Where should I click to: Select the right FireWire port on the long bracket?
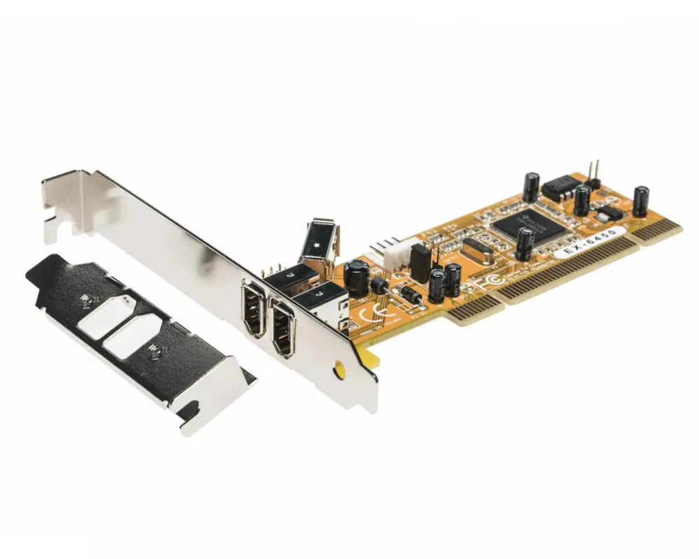point(283,328)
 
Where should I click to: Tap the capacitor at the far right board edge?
point(640,201)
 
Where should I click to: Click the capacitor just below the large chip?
point(525,244)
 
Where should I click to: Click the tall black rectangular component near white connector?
point(420,263)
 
